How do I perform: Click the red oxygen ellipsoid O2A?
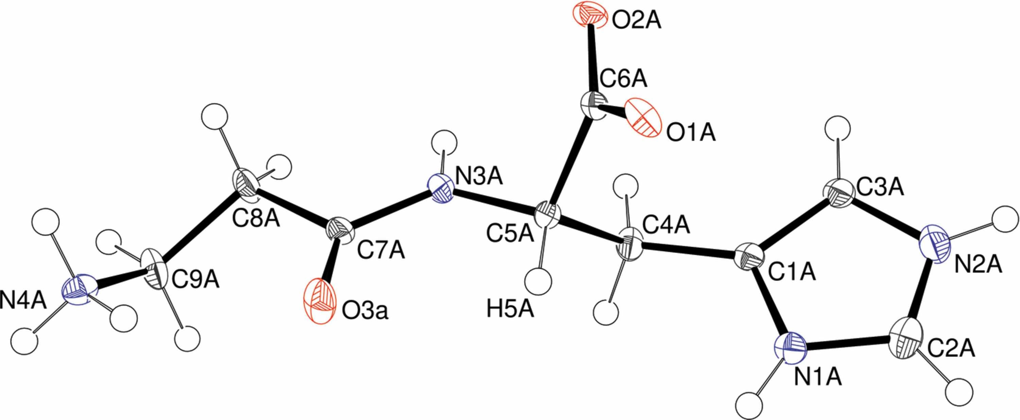590,15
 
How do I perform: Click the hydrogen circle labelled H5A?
538,281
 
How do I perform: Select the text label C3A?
880,187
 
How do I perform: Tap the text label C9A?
195,280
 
